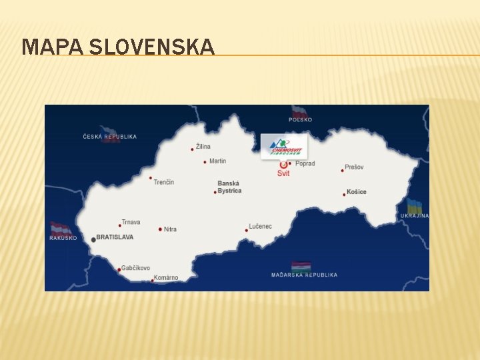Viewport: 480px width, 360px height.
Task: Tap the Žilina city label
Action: [x=203, y=147]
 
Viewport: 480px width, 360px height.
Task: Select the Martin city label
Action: [x=217, y=161]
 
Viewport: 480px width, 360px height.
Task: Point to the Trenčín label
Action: [x=163, y=182]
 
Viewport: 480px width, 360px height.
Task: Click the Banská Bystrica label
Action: [x=229, y=187]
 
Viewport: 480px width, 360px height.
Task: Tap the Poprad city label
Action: [x=305, y=163]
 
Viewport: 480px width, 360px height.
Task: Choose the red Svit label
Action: [x=283, y=173]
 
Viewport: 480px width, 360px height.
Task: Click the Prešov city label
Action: [x=355, y=167]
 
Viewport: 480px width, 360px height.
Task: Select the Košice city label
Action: [x=356, y=192]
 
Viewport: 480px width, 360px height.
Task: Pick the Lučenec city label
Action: [x=260, y=227]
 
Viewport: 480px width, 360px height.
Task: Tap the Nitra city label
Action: [x=170, y=229]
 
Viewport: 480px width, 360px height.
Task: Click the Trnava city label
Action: [x=131, y=223]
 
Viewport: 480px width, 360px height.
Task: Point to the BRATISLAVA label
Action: [x=115, y=237]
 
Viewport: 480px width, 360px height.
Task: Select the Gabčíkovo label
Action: [x=135, y=268]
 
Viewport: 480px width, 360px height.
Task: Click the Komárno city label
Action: [x=165, y=278]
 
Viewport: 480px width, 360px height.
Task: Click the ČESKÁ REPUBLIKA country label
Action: [x=110, y=137]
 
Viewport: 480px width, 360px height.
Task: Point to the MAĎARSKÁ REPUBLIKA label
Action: [x=304, y=275]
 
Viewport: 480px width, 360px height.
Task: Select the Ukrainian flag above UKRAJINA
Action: [x=415, y=207]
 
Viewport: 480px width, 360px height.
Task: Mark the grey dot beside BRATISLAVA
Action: [x=93, y=239]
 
